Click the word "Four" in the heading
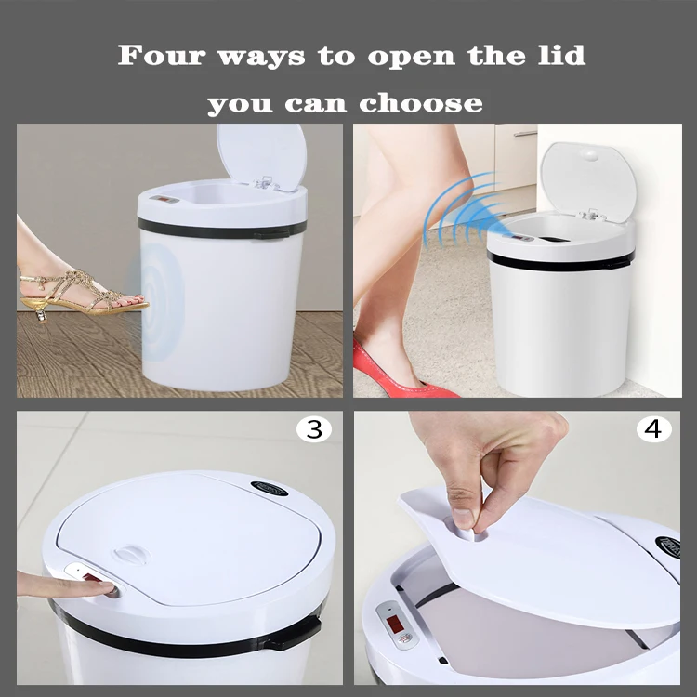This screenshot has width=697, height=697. point(158,55)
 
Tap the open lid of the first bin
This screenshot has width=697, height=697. point(261,153)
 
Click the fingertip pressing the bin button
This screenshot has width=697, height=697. point(107,588)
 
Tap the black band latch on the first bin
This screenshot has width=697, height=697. point(270,233)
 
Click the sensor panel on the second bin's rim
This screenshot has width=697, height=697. point(522,238)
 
